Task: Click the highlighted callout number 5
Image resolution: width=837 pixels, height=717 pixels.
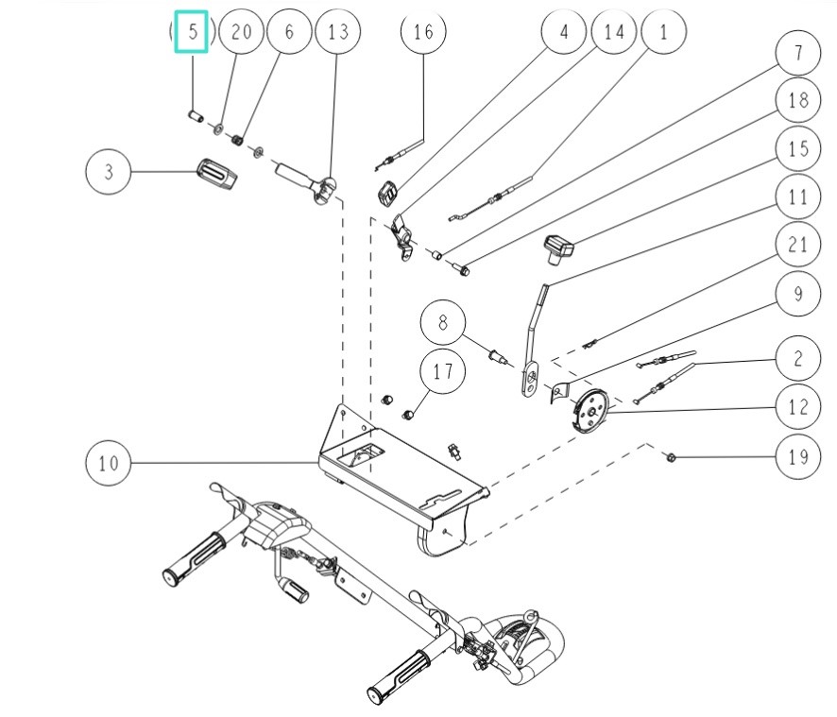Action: pyautogui.click(x=192, y=32)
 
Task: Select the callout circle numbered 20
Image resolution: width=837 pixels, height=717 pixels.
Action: pyautogui.click(x=241, y=32)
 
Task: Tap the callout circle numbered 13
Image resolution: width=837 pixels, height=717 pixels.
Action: pyautogui.click(x=337, y=32)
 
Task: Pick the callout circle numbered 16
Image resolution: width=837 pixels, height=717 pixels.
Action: pyautogui.click(x=422, y=32)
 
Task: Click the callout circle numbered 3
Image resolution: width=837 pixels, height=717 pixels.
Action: pyautogui.click(x=109, y=172)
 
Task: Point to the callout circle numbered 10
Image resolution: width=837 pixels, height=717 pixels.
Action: pyautogui.click(x=109, y=463)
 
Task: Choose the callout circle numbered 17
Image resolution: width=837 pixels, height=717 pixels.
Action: pyautogui.click(x=442, y=371)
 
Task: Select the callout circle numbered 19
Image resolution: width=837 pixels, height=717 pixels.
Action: pyautogui.click(x=797, y=458)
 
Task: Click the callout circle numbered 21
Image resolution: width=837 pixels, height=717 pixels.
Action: pyautogui.click(x=797, y=246)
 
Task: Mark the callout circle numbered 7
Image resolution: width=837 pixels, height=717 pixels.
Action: pyautogui.click(x=797, y=55)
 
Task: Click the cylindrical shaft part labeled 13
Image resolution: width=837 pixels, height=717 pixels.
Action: pyautogui.click(x=298, y=176)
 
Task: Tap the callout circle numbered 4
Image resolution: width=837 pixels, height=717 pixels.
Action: pyautogui.click(x=565, y=32)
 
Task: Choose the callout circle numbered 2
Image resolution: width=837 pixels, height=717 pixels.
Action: pyautogui.click(x=797, y=357)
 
